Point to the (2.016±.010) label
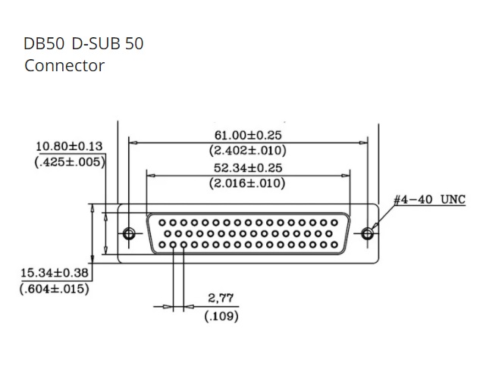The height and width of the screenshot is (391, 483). point(247,183)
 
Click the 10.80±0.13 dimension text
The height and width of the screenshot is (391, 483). point(70,146)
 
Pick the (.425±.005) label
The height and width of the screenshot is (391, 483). point(70,161)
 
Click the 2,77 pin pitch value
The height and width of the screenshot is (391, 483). point(221,299)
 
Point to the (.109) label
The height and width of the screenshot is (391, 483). point(221,316)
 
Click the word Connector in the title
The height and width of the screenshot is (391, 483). point(64,66)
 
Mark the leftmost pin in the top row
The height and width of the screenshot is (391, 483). point(162,223)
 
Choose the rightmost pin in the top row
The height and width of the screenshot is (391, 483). point(333,223)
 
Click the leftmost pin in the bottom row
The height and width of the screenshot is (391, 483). point(164,245)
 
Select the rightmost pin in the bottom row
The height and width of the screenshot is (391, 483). point(334,245)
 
